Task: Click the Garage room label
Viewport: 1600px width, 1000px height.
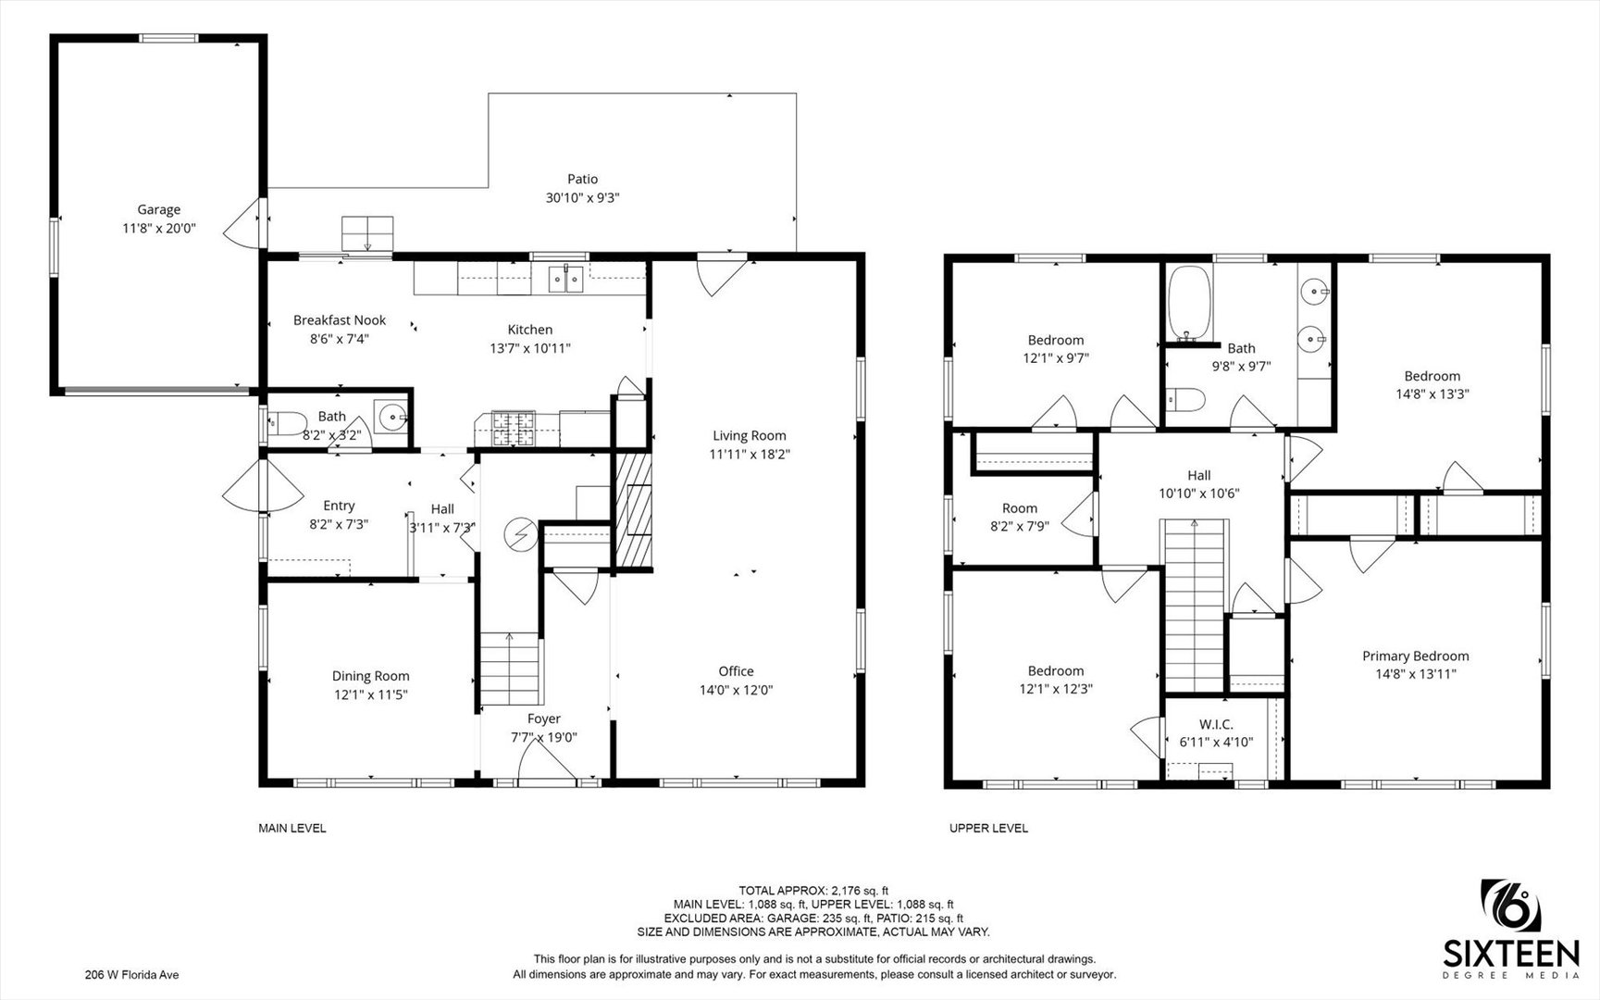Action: [x=159, y=209]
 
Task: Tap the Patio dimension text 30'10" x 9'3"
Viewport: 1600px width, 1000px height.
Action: [x=582, y=197]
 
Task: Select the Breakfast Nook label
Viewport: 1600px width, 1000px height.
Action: [x=340, y=320]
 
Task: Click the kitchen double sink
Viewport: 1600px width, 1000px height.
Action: [x=565, y=278]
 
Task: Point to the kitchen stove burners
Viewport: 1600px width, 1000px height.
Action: [x=513, y=426]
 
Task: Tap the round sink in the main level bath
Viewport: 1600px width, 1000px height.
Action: [x=394, y=419]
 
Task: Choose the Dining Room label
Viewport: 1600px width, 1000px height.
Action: [x=371, y=676]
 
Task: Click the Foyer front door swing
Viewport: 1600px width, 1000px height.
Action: [x=547, y=761]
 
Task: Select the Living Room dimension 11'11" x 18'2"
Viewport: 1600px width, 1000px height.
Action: [x=750, y=454]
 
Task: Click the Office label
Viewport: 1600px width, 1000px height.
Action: [x=736, y=671]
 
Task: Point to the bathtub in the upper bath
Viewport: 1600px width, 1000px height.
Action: [x=1189, y=305]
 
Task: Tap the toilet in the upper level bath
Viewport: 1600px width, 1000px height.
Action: [x=1185, y=400]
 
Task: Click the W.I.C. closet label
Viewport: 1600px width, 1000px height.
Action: [x=1216, y=724]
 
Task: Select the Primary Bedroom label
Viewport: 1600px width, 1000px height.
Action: [x=1415, y=656]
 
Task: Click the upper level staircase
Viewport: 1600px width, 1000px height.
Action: [x=1196, y=606]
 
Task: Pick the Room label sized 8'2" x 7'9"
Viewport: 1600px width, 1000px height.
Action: [x=1020, y=508]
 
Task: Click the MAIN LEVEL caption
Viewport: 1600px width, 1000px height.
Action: [x=292, y=829]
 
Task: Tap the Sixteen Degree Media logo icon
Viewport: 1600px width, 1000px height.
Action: [x=1512, y=907]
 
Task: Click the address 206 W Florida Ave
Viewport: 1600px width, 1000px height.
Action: [x=131, y=974]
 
